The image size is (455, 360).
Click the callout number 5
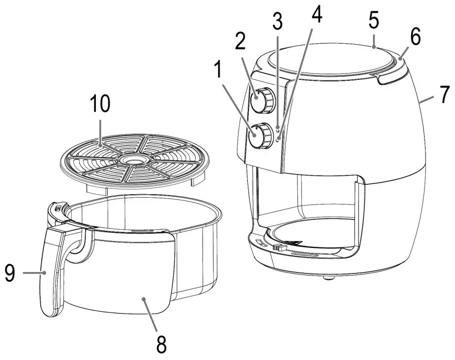[374, 21]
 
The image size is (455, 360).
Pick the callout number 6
[415, 37]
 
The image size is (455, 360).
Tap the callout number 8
[161, 344]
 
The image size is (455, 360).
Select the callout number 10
[100, 104]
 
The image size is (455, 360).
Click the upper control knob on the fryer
[262, 100]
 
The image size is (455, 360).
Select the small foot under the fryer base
[328, 278]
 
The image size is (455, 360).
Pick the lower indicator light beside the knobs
[278, 140]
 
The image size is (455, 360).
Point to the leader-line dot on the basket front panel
[143, 299]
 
